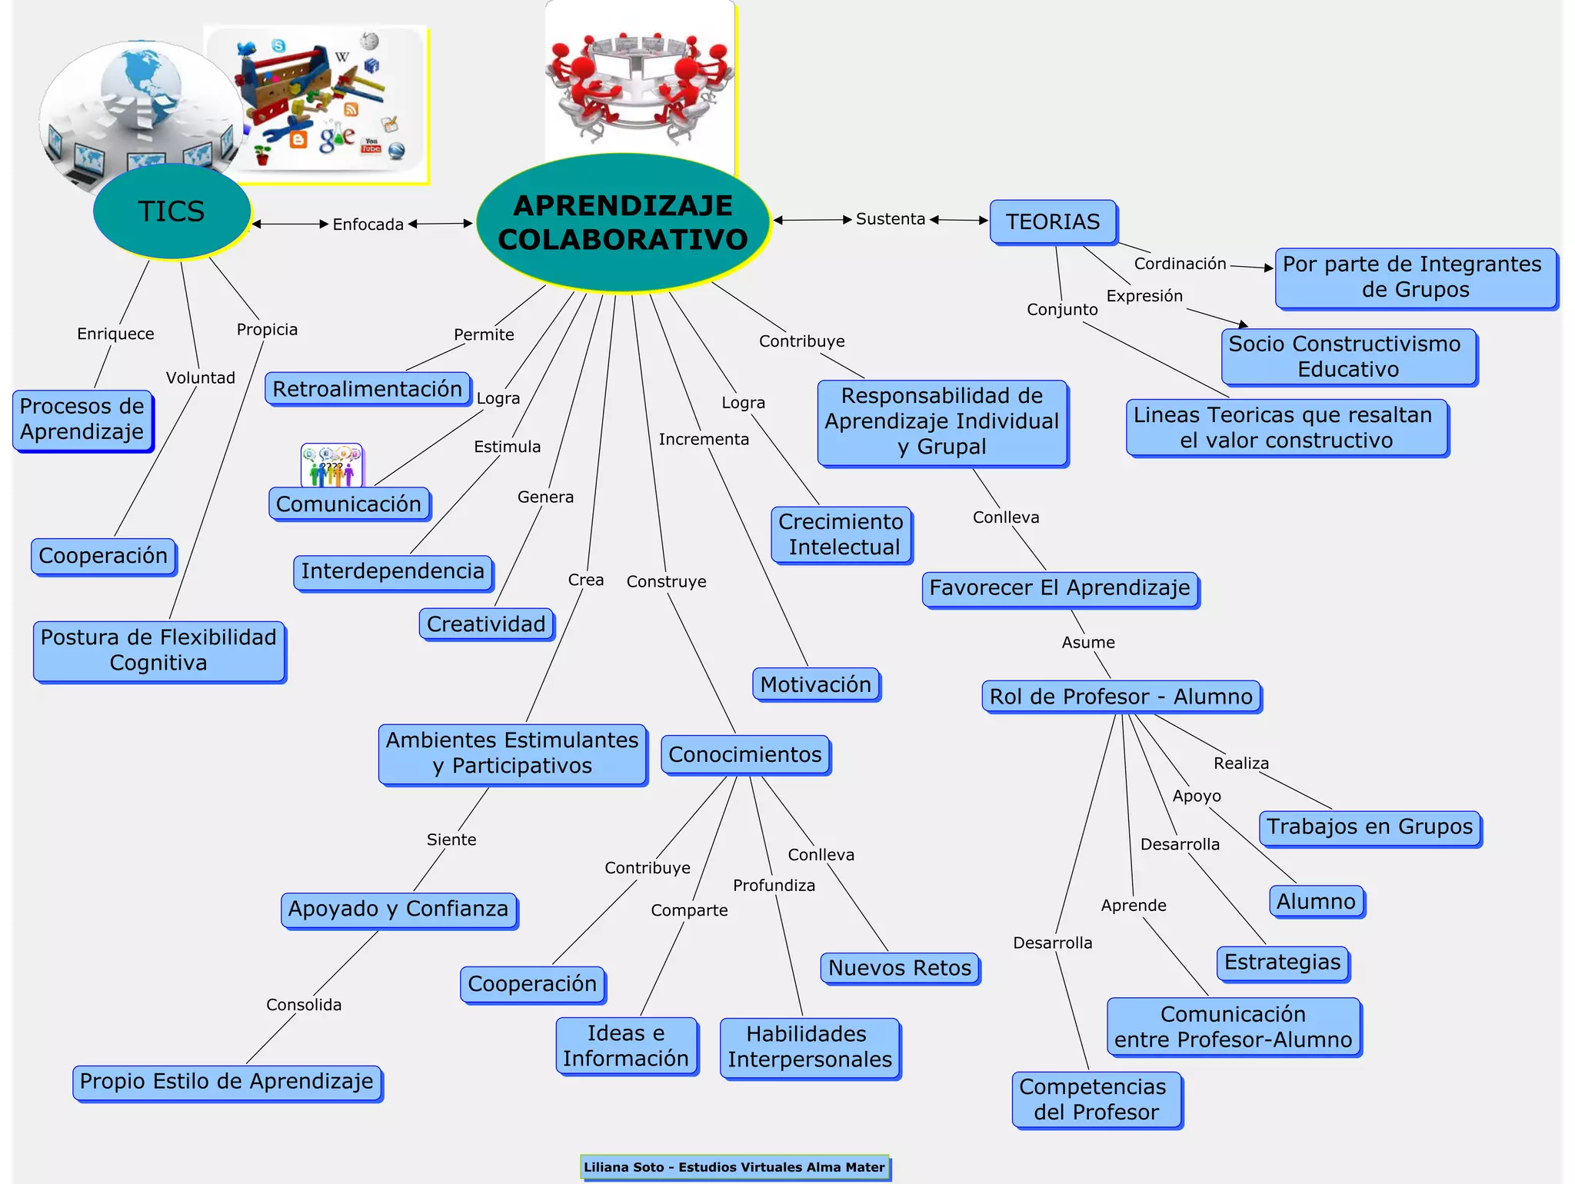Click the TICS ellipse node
click(x=171, y=211)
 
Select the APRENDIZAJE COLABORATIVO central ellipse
click(x=622, y=222)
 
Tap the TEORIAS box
click(x=1053, y=222)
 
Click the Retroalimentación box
click(x=368, y=389)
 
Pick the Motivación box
click(x=815, y=684)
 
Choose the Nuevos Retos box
click(x=900, y=968)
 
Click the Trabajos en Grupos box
click(x=1370, y=827)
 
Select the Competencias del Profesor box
click(x=1096, y=1099)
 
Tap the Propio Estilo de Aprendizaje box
click(x=227, y=1082)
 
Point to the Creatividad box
click(x=486, y=624)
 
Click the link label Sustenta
click(x=891, y=219)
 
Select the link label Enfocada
click(x=368, y=224)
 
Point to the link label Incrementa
click(x=704, y=439)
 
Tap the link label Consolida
click(x=304, y=1005)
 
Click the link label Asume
click(x=1088, y=642)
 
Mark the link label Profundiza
click(x=774, y=886)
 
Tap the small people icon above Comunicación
click(x=331, y=465)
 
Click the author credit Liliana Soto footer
click(x=734, y=1167)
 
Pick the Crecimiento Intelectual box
click(x=841, y=534)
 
